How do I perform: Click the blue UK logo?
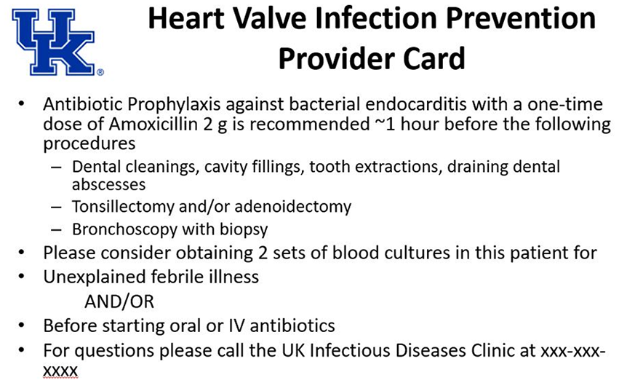click(x=54, y=42)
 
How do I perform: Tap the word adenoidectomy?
click(x=293, y=207)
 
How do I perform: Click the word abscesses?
click(x=108, y=185)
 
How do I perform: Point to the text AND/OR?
click(x=119, y=301)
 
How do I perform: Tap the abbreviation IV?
click(x=237, y=326)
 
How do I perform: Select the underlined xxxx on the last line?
click(x=60, y=371)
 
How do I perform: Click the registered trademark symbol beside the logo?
click(x=100, y=72)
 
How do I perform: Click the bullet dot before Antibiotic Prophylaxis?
click(x=21, y=104)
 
